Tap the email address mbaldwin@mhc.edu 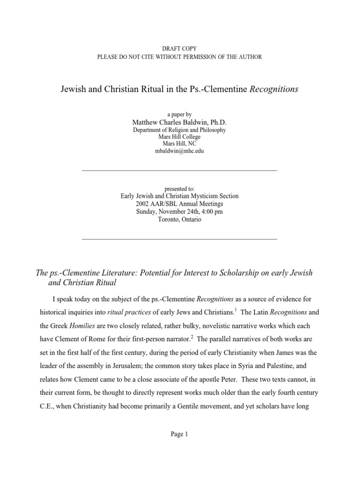[180, 151]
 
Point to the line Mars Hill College [180, 137]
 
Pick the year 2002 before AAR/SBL [143, 204]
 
